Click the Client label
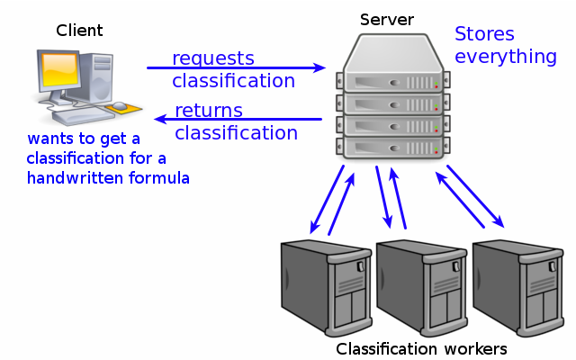pos(79,31)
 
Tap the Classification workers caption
pos(421,348)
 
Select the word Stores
pos(484,35)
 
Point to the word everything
pos(505,58)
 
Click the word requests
pos(213,58)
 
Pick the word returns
pos(209,111)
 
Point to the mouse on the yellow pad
pos(120,107)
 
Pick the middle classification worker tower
pos(419,285)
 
